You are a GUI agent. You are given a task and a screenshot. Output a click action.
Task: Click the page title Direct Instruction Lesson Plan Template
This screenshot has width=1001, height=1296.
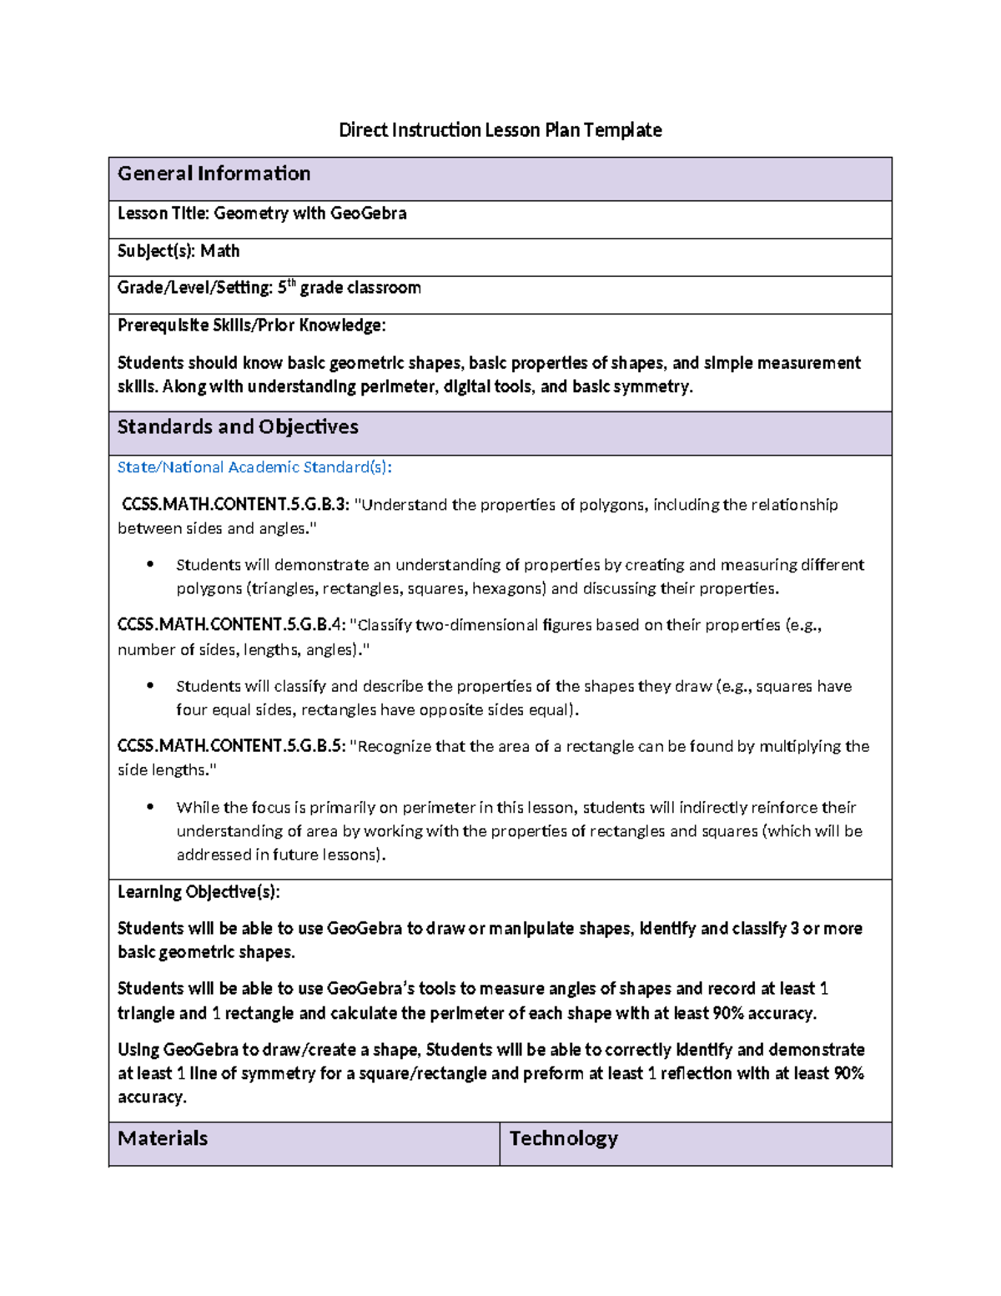pos(500,130)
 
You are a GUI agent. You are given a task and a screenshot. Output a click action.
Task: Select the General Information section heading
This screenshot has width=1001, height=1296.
pos(214,174)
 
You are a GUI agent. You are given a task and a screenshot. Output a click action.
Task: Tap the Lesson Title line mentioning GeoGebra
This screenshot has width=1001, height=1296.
pos(262,214)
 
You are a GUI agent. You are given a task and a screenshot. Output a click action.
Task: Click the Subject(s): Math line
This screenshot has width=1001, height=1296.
pos(179,251)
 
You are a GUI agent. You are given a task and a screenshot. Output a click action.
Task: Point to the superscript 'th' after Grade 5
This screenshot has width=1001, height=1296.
pos(291,283)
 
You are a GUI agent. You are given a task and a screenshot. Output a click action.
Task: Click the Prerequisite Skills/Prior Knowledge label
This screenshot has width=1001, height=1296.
pos(251,325)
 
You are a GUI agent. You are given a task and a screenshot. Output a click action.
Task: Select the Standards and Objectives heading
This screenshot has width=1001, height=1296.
pos(238,427)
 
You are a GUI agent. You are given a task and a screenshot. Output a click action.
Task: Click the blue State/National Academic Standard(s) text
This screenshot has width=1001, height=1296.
pos(254,467)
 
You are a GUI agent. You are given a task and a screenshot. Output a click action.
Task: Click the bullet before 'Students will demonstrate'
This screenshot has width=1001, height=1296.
pos(150,565)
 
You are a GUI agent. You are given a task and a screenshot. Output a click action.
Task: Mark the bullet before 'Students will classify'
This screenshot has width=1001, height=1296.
pos(150,686)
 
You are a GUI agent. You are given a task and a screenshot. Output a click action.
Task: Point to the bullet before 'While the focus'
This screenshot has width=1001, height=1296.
pos(150,807)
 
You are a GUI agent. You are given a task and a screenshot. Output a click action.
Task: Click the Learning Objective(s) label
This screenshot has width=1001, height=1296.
pos(199,892)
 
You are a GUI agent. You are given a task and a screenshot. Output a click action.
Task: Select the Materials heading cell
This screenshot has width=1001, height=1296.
pos(163,1139)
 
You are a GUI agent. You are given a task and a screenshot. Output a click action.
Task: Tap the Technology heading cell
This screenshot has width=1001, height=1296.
pos(563,1139)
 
